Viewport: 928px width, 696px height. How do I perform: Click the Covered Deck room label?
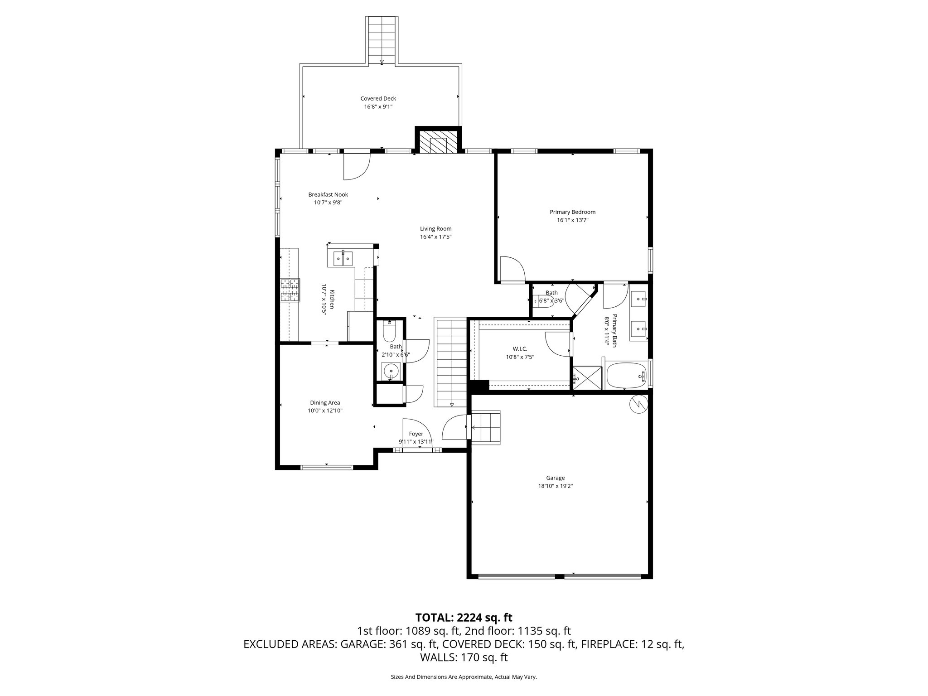pyautogui.click(x=378, y=98)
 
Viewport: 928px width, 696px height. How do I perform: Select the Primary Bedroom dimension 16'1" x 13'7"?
pyautogui.click(x=572, y=220)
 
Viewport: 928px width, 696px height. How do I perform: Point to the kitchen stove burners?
pyautogui.click(x=290, y=290)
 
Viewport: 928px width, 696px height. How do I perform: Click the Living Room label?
pyautogui.click(x=435, y=229)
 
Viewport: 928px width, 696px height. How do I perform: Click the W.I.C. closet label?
pyautogui.click(x=520, y=349)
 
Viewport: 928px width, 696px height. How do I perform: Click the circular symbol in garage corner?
pyautogui.click(x=638, y=404)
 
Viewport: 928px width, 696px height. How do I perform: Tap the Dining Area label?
pyautogui.click(x=325, y=402)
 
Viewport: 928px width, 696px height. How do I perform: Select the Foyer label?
pyautogui.click(x=416, y=434)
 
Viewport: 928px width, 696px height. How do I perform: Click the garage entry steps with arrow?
pyautogui.click(x=486, y=427)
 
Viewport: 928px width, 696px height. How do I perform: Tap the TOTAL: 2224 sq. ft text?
pyautogui.click(x=464, y=617)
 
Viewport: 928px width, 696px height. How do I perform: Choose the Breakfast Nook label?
pyautogui.click(x=328, y=194)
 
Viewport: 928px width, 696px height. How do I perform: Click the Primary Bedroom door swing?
pyautogui.click(x=512, y=269)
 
